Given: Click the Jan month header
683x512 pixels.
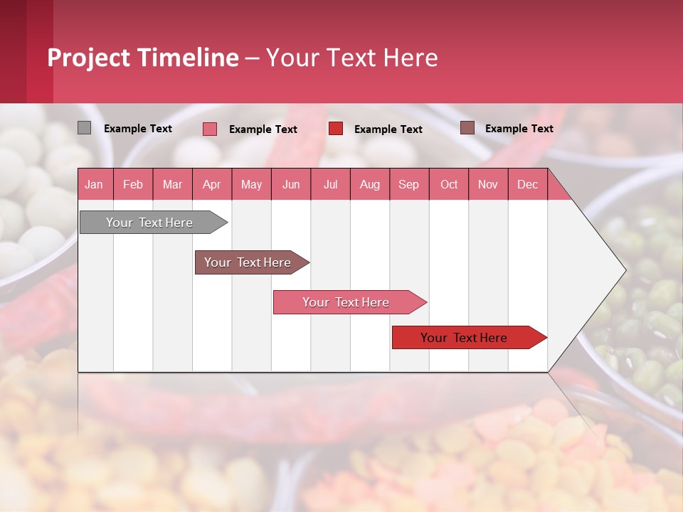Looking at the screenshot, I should point(94,184).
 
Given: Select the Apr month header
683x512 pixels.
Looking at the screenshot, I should point(211,184).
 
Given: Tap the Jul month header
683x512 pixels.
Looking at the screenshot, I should point(330,184).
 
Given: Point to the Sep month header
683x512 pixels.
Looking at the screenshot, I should point(408,184).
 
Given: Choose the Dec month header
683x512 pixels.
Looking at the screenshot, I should point(527,184).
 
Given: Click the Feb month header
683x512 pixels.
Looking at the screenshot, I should point(133,184).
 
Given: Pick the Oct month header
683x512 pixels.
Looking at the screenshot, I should point(449,184).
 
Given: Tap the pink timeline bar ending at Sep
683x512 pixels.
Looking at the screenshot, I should point(347,302).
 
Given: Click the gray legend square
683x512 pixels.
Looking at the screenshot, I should point(85,128).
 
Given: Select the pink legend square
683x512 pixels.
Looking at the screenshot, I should point(210,129).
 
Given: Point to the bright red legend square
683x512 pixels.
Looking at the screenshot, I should point(336,128).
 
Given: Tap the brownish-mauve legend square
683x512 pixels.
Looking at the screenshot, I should point(467,128).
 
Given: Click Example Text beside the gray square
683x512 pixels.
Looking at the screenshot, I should point(138,129).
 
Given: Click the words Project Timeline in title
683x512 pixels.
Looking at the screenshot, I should point(143,58).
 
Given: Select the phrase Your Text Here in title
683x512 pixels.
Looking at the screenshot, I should point(351,58).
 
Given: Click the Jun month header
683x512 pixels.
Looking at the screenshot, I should point(291,184).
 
